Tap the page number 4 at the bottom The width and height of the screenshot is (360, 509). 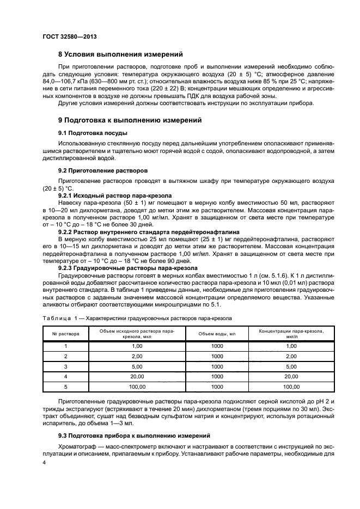(45, 462)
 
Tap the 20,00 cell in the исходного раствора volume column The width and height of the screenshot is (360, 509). (137, 376)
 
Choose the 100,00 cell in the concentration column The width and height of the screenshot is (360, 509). (291, 387)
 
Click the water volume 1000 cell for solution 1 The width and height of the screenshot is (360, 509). (217, 346)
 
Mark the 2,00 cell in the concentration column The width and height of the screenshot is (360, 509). (291, 356)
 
